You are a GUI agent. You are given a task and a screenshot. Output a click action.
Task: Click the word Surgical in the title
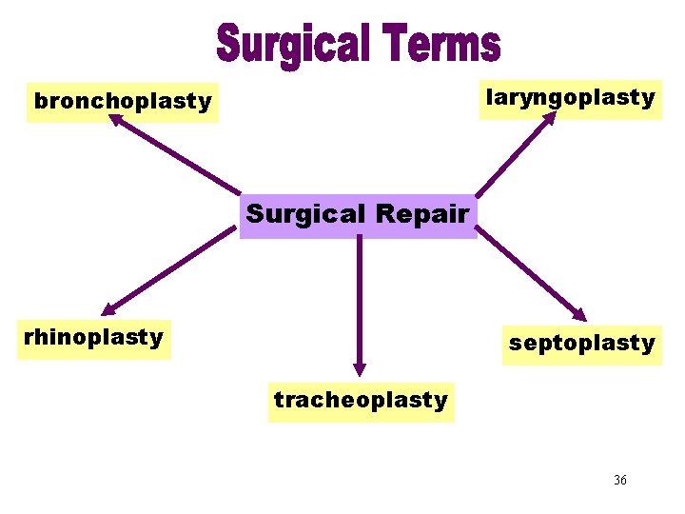(x=292, y=44)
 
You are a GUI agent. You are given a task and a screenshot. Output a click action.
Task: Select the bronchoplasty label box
(x=123, y=101)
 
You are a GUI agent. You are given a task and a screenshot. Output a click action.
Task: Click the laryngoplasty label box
(x=570, y=97)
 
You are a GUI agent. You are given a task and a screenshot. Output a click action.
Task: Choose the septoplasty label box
(x=581, y=343)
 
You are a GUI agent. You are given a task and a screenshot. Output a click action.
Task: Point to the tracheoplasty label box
(x=361, y=400)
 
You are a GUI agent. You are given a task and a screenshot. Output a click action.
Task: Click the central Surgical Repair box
(x=358, y=214)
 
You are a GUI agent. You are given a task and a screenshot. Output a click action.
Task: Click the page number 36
(x=620, y=480)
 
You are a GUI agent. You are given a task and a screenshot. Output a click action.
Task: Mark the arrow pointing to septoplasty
(x=533, y=276)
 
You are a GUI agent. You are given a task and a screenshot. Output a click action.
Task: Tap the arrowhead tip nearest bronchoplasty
(x=110, y=115)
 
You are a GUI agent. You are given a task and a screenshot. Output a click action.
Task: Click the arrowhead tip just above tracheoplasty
(x=360, y=372)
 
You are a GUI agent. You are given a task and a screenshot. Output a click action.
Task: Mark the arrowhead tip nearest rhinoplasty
(x=104, y=313)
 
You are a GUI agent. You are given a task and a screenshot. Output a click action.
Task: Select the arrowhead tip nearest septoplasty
(x=586, y=321)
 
